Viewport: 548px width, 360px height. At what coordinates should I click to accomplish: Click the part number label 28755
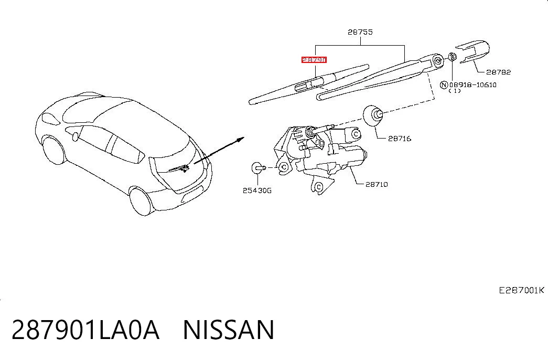coord(360,32)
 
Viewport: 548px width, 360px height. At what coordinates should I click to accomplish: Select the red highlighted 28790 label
coord(314,60)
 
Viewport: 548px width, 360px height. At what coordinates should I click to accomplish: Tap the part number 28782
coord(498,72)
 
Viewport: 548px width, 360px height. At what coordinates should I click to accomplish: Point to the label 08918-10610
coord(473,84)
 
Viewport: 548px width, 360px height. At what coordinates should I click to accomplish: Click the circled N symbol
coord(444,84)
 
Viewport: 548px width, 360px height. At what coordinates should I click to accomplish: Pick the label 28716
coord(400,139)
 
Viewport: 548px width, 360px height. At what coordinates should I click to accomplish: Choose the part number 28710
coord(377,184)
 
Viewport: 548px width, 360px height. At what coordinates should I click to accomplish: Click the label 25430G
coord(257,190)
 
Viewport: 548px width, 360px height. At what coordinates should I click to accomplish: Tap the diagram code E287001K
coord(521,290)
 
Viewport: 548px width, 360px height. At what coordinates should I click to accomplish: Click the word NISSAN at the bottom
coord(229,330)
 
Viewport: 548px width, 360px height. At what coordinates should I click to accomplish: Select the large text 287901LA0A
coord(85,330)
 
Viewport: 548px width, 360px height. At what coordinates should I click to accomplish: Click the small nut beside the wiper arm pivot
coord(452,56)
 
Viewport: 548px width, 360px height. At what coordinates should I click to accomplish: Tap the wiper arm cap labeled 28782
coord(472,51)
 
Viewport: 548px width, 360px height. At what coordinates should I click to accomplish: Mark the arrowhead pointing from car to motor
coord(241,140)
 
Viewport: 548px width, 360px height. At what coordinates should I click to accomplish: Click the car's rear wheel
coord(142,202)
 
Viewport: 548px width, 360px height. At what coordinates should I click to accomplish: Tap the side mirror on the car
coord(74,136)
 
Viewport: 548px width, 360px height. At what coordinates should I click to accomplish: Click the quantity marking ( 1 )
coord(454,91)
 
